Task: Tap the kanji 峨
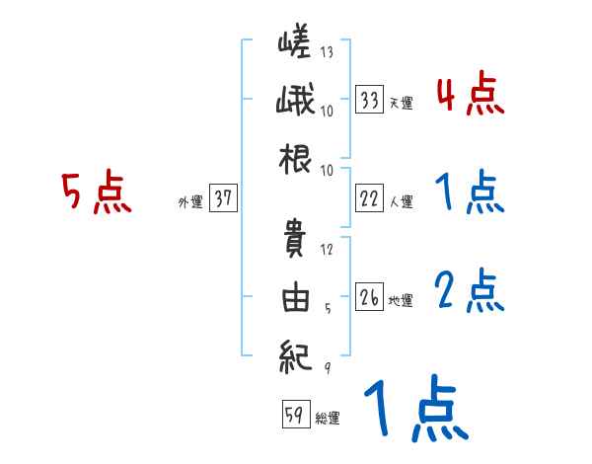coord(296,101)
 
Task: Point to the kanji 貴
coord(296,241)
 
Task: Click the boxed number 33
coord(370,100)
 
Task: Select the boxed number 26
coord(370,297)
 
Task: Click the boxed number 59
coord(294,415)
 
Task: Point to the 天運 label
coord(401,103)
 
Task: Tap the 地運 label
coord(401,300)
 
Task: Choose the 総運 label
coord(327,418)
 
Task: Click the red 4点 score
coord(471,95)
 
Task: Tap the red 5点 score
coord(97,193)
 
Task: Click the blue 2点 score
coord(471,290)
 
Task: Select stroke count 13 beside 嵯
coord(327,51)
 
